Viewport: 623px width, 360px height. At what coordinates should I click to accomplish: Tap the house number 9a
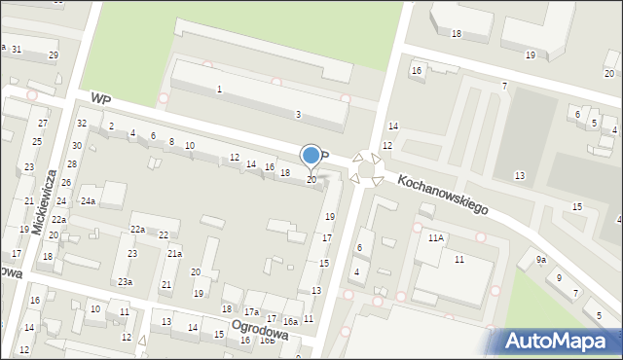540,260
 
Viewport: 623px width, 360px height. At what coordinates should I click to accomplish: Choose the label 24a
88,201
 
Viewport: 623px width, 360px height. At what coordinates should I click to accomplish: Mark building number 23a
125,281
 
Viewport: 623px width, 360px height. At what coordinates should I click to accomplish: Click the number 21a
174,253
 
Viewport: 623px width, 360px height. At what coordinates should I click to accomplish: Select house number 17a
251,312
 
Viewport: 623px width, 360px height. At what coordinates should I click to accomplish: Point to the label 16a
290,321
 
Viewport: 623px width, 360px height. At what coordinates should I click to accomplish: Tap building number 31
17,49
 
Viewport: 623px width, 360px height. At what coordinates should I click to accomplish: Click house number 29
53,54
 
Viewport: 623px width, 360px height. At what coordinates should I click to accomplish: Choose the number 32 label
82,123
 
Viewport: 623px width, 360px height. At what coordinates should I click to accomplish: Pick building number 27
42,124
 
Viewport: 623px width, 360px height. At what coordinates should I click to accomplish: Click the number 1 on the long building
219,90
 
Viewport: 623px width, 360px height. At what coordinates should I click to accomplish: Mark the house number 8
171,142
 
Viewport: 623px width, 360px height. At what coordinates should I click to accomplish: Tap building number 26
67,183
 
